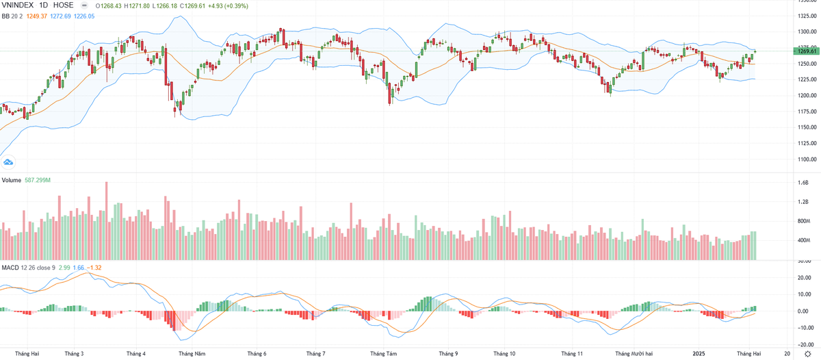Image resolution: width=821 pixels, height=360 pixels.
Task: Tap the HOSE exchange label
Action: [x=63, y=5]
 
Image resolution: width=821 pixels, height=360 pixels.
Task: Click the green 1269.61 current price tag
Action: [x=803, y=51]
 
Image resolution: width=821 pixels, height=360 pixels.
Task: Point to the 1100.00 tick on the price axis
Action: [x=803, y=159]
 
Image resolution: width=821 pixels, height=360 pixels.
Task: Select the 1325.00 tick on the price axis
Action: [x=803, y=16]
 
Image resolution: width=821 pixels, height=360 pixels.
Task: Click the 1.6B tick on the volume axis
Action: [x=803, y=183]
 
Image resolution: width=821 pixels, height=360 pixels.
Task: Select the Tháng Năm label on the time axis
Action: [x=192, y=354]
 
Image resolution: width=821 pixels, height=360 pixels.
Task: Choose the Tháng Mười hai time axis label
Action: [x=634, y=354]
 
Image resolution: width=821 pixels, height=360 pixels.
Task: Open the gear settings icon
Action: [x=807, y=354]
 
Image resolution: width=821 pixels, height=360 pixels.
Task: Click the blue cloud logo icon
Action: [x=8, y=162]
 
